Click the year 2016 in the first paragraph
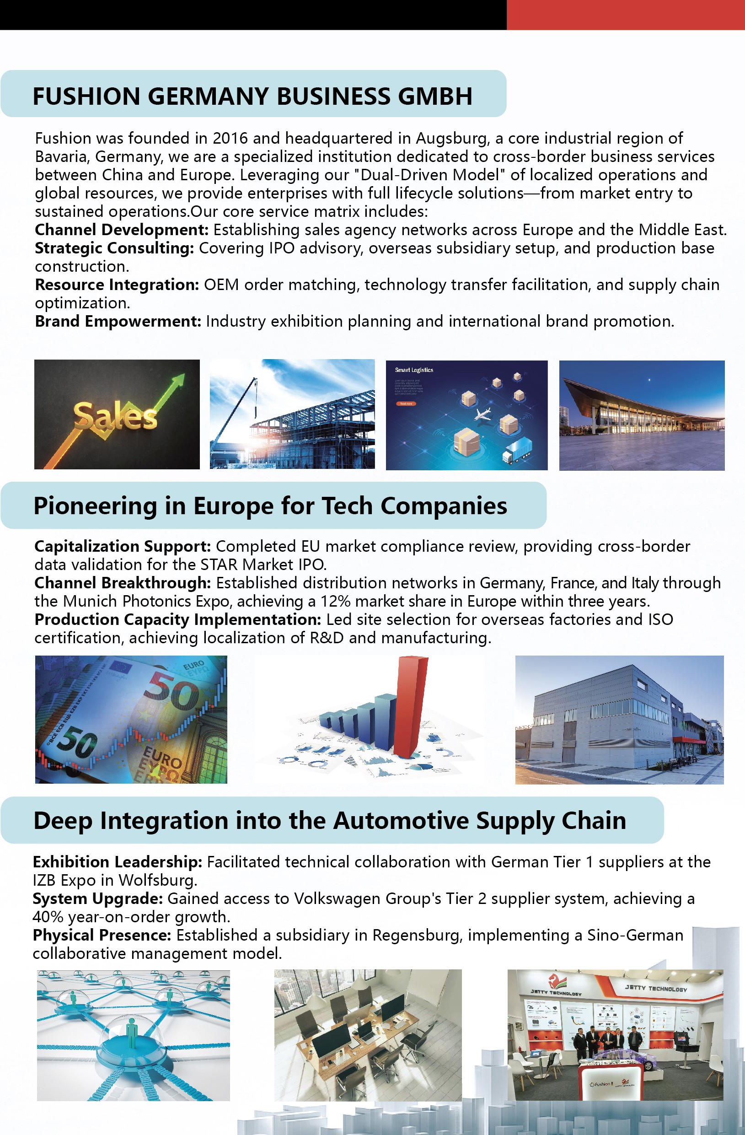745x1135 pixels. pos(230,138)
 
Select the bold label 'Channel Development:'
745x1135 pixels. pos(122,230)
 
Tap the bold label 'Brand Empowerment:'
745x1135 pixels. pos(118,322)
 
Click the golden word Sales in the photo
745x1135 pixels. pos(115,416)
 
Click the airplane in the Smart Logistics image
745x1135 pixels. pos(484,413)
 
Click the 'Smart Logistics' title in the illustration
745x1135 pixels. pos(414,370)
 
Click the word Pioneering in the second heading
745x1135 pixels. pos(95,506)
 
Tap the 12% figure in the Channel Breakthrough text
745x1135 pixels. pos(335,602)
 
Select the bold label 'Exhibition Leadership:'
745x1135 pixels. pos(117,862)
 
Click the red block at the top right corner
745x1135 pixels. pos(625,14)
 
